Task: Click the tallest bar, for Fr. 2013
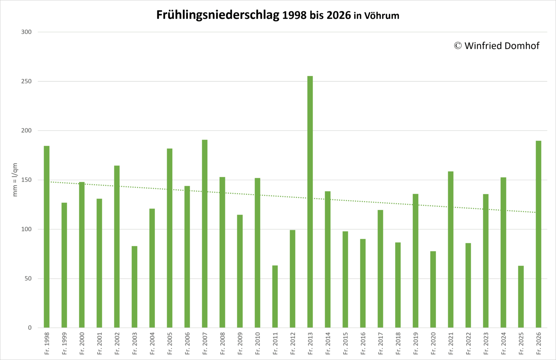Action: [x=310, y=202]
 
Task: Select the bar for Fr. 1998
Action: [x=47, y=237]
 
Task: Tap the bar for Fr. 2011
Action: [x=275, y=297]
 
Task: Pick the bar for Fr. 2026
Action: [x=538, y=234]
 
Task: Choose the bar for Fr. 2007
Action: [x=205, y=234]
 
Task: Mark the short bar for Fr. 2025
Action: [x=521, y=297]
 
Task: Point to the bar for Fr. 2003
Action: [x=135, y=287]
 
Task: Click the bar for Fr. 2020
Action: [x=433, y=289]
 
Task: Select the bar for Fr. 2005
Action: [x=169, y=238]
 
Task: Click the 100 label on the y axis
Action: [x=26, y=229]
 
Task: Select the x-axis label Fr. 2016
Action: [x=363, y=344]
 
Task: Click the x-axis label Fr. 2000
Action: [x=82, y=344]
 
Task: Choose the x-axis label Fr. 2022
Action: [x=468, y=344]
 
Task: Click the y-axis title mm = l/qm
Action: [x=15, y=180]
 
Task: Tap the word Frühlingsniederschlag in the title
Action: [x=218, y=15]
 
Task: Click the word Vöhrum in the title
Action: [x=382, y=16]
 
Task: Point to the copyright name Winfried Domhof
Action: [x=502, y=46]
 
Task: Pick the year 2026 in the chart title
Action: [x=338, y=16]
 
